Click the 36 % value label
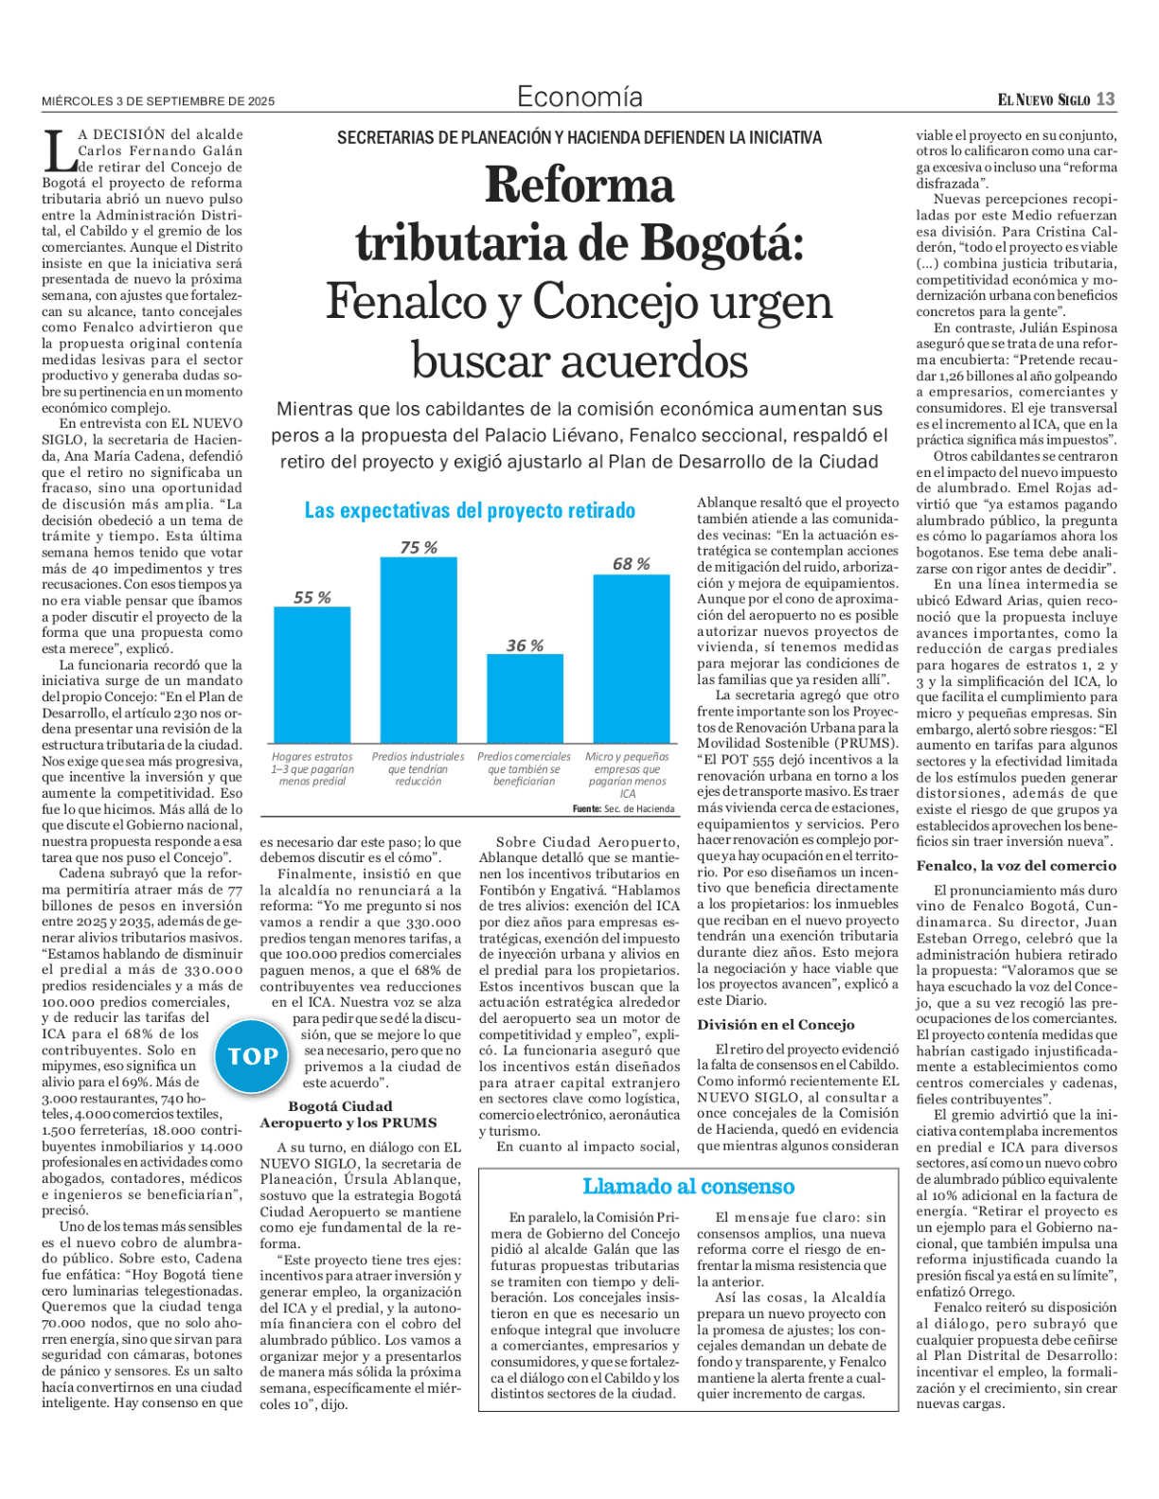point(525,645)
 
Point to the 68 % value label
point(631,564)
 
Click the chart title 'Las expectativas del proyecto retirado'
point(470,511)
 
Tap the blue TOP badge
point(253,1056)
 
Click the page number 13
point(1106,99)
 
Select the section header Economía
point(579,97)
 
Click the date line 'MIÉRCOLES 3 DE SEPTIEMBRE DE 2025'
point(158,101)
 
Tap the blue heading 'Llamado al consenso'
point(688,1187)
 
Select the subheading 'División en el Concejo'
point(776,1025)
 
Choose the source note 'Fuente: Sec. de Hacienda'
point(624,809)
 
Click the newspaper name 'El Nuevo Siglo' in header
point(1043,100)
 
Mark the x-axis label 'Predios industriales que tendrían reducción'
point(418,768)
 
